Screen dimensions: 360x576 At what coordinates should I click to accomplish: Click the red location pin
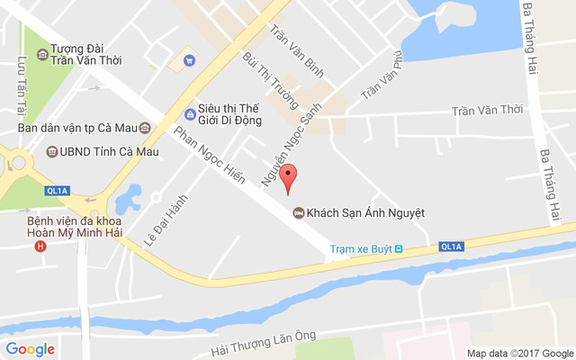tap(287, 177)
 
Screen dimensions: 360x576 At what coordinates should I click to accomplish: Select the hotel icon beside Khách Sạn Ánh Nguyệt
tap(297, 213)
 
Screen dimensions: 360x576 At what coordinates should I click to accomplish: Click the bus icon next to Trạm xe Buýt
tap(399, 248)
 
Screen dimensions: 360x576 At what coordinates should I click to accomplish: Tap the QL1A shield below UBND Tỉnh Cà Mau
tap(57, 191)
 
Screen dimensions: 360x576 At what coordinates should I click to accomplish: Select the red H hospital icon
tap(38, 245)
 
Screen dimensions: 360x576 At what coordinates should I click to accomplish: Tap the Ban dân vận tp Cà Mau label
tap(76, 128)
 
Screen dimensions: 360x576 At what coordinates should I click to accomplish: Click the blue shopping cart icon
tap(189, 61)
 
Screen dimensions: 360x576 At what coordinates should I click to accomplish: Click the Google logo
tap(30, 349)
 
